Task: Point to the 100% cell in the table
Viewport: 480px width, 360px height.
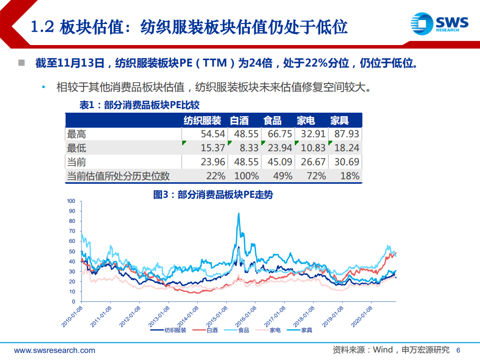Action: [x=246, y=176]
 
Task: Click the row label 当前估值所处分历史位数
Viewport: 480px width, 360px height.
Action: [x=118, y=176]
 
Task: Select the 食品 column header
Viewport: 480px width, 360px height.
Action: [x=272, y=121]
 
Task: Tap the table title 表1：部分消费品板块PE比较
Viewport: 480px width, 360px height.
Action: [x=140, y=105]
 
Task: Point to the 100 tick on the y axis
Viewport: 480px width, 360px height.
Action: [x=71, y=201]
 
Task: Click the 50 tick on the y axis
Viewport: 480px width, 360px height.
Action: [x=72, y=251]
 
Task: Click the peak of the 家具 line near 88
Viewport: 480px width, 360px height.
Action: [x=238, y=214]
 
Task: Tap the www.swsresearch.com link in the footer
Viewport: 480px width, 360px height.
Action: [x=55, y=350]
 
